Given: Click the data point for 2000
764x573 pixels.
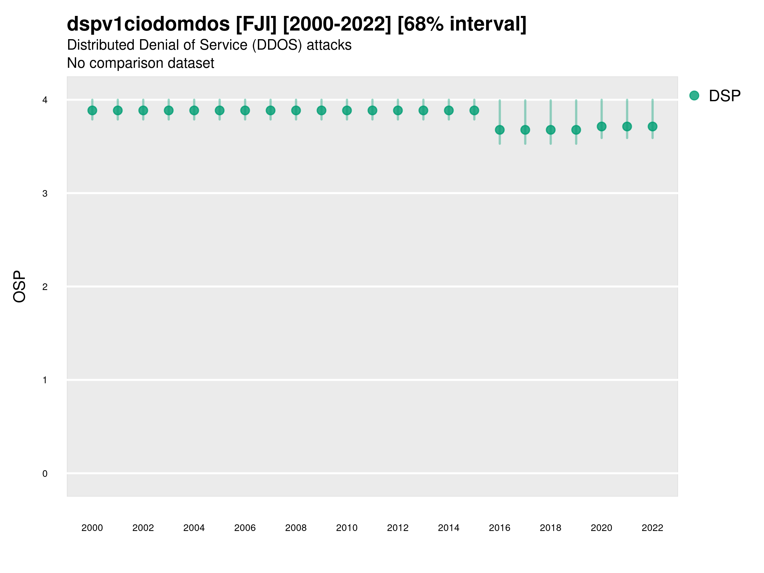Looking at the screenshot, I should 92,110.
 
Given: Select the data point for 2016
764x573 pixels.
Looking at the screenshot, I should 499,130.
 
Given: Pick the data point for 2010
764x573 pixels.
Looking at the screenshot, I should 347,110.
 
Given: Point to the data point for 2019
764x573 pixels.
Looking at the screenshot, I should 576,130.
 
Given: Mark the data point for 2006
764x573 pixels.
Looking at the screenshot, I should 245,110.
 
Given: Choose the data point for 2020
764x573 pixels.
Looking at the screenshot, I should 601,126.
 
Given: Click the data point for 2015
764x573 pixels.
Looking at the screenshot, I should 474,110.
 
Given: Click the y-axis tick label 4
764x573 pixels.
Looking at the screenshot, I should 45,100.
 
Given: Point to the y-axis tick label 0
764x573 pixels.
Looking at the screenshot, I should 45,474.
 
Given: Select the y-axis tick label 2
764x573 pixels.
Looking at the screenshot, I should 45,287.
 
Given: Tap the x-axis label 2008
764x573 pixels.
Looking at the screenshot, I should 296,528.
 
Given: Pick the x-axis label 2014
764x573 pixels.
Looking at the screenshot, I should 448,528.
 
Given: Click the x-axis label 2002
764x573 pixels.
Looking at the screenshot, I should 143,528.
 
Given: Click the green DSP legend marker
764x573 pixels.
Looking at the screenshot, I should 694,96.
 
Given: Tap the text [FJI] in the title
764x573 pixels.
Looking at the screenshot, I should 256,24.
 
